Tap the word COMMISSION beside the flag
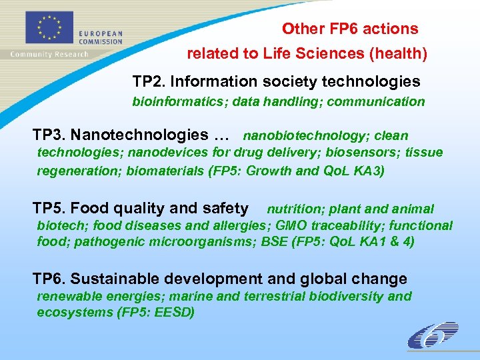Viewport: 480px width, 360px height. [101, 41]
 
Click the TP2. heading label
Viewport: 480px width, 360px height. [149, 81]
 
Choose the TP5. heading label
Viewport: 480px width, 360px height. [49, 209]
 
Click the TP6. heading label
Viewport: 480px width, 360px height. [49, 279]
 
